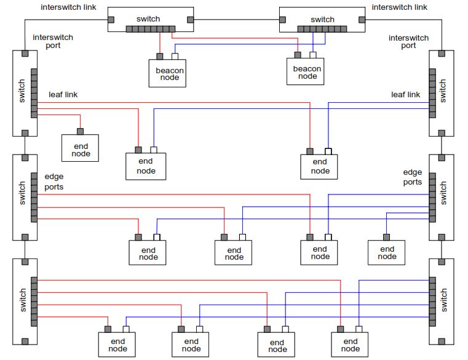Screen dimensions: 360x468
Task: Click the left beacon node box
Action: (x=167, y=73)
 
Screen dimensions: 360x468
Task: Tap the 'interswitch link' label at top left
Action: (x=68, y=7)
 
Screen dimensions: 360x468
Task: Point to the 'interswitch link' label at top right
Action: (x=399, y=7)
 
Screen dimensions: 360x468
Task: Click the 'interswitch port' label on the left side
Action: (x=53, y=41)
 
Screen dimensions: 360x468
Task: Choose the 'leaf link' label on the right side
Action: (x=406, y=94)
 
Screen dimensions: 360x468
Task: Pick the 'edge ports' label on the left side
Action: (x=54, y=182)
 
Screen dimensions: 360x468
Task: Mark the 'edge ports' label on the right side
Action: (x=412, y=177)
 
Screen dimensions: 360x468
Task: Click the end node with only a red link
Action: (x=80, y=149)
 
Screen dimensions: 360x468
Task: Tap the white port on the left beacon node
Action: (x=175, y=57)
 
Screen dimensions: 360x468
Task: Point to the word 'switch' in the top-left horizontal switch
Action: (x=150, y=19)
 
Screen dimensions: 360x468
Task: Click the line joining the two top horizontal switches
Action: (x=236, y=20)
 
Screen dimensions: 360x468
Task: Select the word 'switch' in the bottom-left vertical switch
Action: (x=23, y=300)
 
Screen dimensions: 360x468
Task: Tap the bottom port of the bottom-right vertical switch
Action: (x=441, y=341)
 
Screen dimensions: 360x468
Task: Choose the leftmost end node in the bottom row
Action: (x=117, y=345)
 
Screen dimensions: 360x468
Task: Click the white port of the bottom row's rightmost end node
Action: (x=359, y=329)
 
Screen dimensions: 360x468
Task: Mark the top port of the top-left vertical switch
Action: (x=25, y=54)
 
